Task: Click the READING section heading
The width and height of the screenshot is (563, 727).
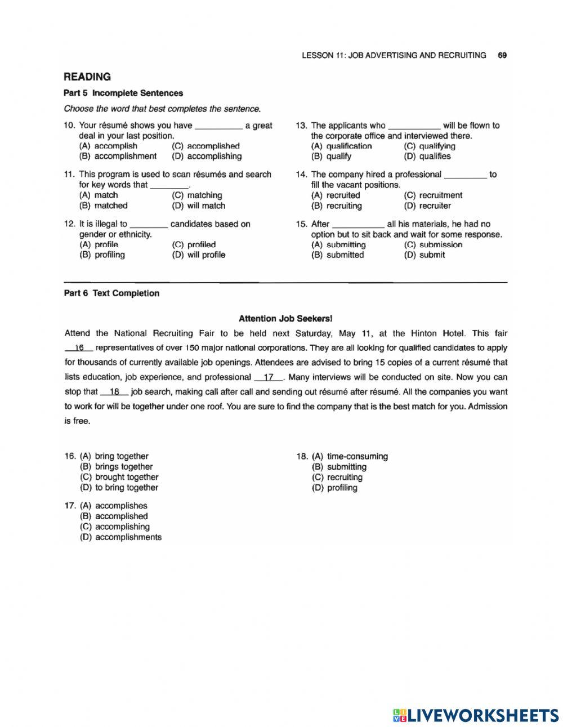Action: [x=87, y=77]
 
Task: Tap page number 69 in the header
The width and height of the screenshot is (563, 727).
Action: [x=502, y=55]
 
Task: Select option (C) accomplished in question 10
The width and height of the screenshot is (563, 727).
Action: [x=205, y=146]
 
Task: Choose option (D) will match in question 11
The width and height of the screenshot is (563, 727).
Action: [x=198, y=206]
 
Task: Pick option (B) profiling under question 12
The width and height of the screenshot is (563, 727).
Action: [x=102, y=255]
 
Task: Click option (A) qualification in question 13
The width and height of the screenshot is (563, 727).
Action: [x=341, y=146]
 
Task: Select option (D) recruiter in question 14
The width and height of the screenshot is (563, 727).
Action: [x=427, y=206]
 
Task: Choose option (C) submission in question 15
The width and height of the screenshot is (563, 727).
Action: [x=433, y=244]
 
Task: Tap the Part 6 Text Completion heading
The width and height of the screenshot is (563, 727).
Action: [x=111, y=293]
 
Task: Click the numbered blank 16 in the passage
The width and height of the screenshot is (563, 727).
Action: [x=79, y=348]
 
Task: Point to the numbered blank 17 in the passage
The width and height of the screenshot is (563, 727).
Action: [x=269, y=377]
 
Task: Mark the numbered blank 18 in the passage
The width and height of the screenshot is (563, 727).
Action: [x=114, y=392]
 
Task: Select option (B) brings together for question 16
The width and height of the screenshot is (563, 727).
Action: [x=117, y=466]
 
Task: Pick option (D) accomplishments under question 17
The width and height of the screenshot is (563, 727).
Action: [x=121, y=537]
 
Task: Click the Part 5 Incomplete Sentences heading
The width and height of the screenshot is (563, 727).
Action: [x=123, y=93]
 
